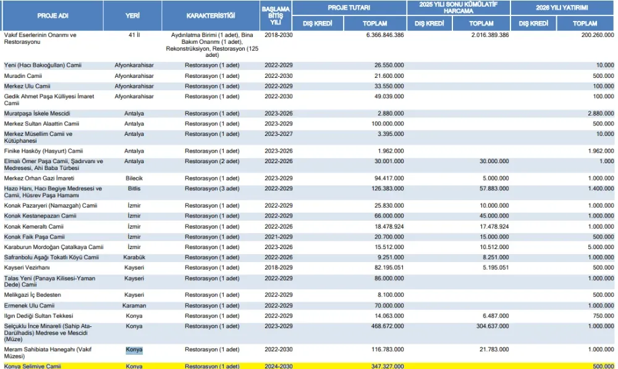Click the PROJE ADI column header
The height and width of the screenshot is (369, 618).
[x=52, y=15]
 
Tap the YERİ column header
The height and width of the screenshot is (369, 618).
[x=133, y=15]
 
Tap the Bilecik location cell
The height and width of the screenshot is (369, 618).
[x=134, y=178]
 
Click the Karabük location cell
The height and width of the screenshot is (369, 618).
[x=134, y=257]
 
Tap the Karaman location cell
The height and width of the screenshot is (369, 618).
[x=134, y=305]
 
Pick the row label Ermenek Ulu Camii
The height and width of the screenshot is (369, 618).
[x=29, y=305]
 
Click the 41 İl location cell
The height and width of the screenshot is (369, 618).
[x=133, y=35]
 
